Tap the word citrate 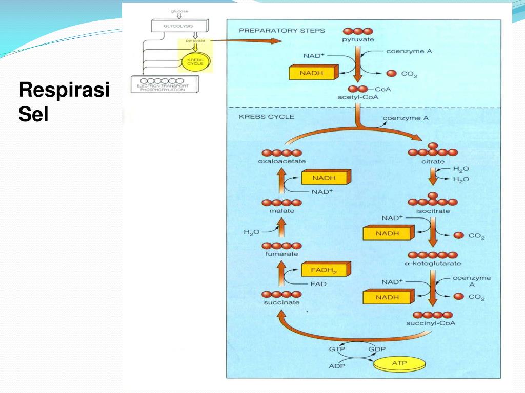click(x=433, y=162)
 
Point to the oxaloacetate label click(x=281, y=162)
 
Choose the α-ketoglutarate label click(x=432, y=264)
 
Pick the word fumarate click(x=281, y=254)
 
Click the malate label click(x=281, y=211)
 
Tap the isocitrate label click(x=433, y=211)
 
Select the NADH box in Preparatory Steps click(x=312, y=73)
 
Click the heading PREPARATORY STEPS click(x=281, y=31)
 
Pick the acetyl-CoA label click(x=357, y=97)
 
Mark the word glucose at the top click(x=179, y=11)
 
